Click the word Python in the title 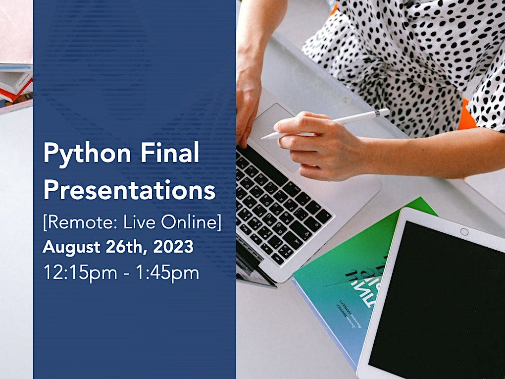pos(86,155)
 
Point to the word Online pos(191,222)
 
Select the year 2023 pos(173,247)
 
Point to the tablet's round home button pos(464,232)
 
